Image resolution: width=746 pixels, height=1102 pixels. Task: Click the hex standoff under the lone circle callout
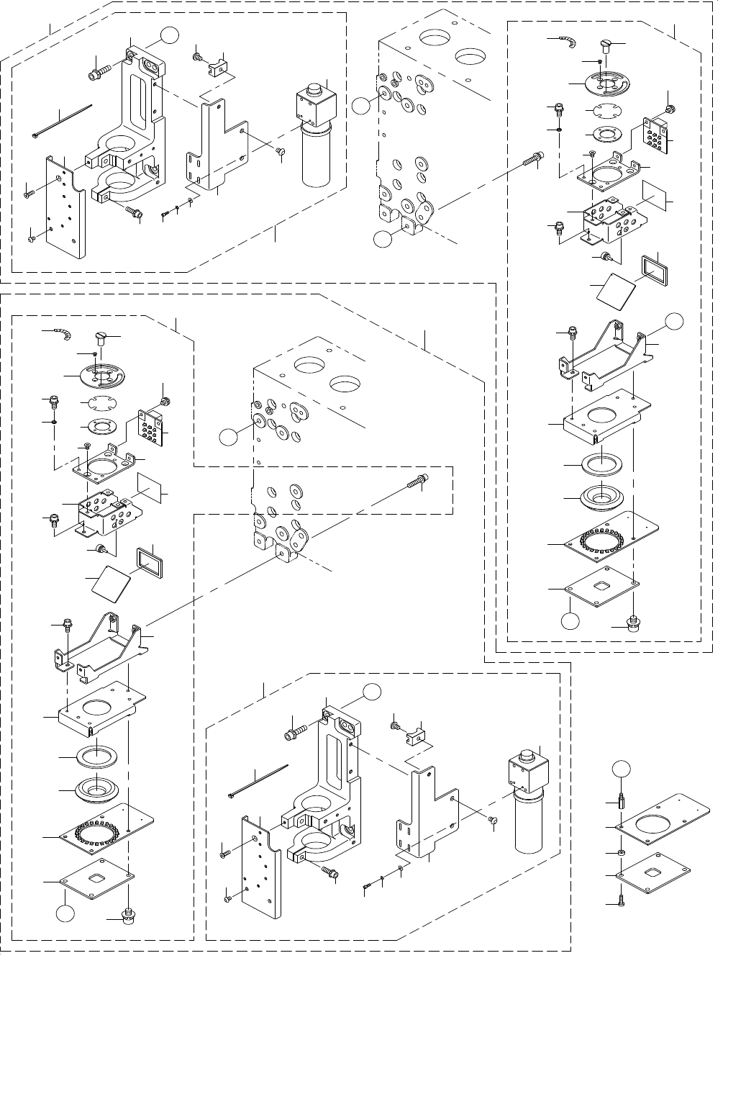619,800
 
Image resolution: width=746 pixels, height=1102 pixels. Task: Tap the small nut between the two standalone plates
620,853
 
